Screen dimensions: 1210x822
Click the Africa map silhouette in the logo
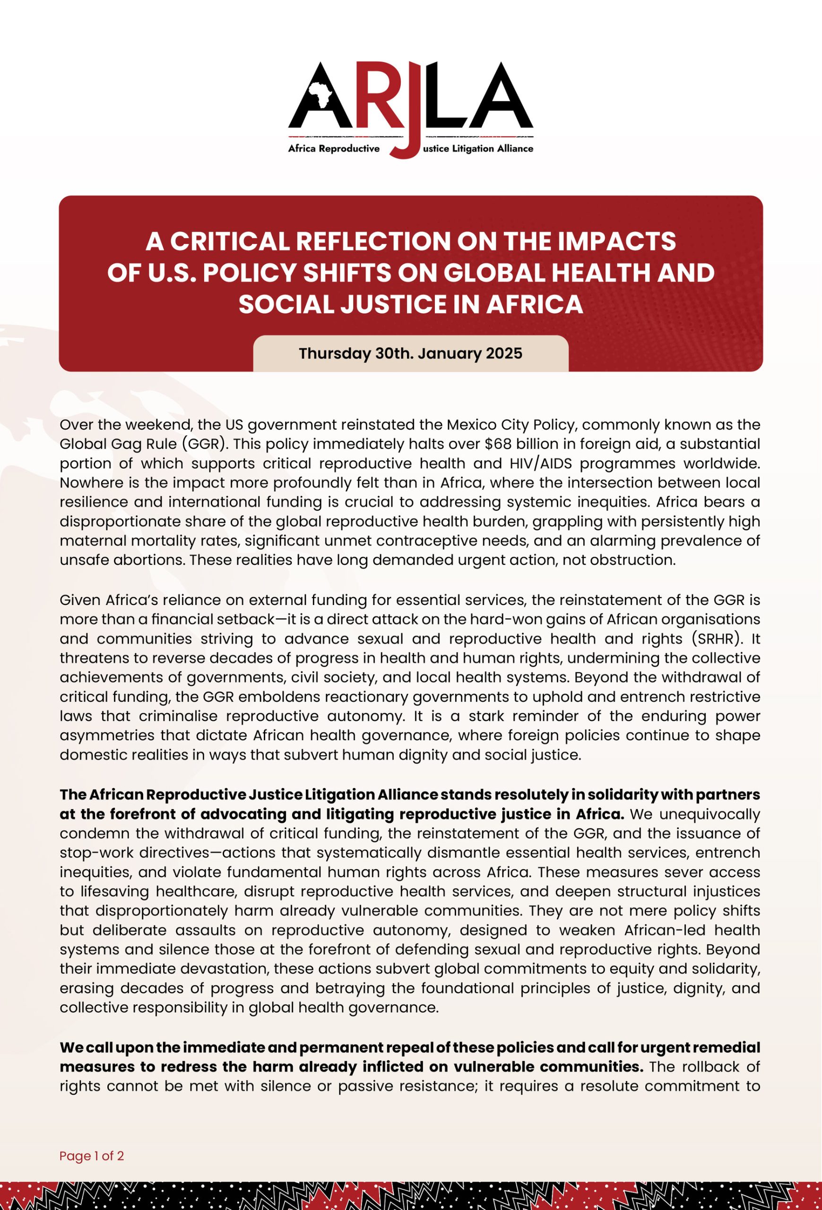pos(320,94)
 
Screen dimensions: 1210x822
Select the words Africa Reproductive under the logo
pos(334,149)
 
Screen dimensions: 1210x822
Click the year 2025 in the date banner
pos(504,354)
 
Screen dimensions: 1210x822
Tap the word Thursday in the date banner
pos(335,354)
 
